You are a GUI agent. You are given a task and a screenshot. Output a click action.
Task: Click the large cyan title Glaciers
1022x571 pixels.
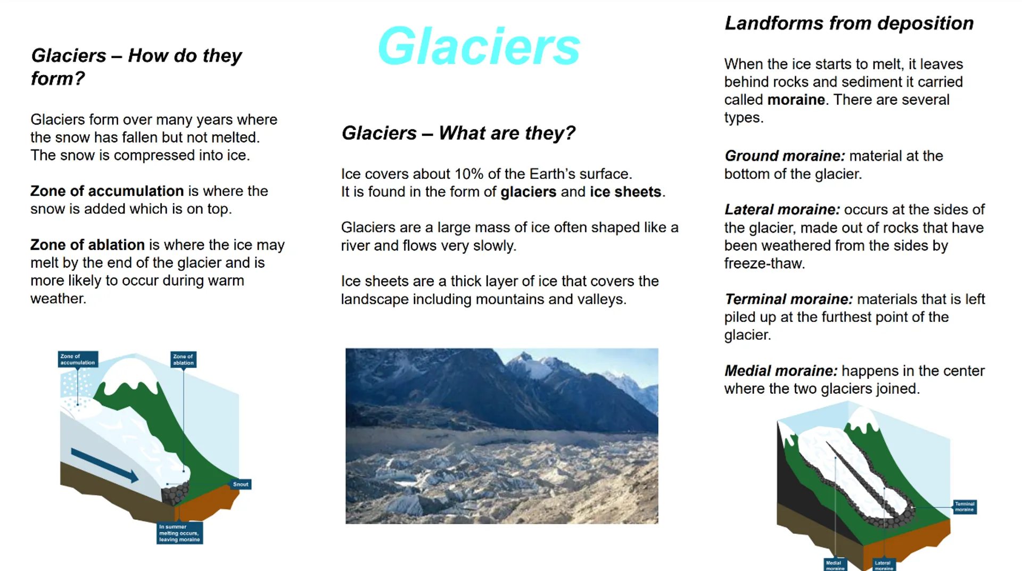click(x=479, y=46)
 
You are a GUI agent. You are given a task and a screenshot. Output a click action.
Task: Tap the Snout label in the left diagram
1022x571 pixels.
click(x=241, y=484)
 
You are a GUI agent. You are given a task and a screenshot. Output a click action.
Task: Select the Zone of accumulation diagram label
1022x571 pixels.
click(x=78, y=359)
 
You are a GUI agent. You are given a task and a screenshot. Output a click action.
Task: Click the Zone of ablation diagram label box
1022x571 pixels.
click(x=184, y=359)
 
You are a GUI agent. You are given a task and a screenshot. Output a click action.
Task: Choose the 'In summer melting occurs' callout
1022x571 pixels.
click(x=179, y=533)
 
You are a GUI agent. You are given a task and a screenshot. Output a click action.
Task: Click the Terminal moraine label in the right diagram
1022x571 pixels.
click(x=965, y=507)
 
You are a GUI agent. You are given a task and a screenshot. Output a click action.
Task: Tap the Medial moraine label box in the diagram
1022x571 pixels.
click(x=835, y=565)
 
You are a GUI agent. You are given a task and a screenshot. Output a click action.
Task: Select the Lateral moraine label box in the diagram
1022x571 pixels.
click(x=884, y=565)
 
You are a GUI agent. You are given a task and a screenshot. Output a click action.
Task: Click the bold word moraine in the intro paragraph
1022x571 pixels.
click(x=796, y=100)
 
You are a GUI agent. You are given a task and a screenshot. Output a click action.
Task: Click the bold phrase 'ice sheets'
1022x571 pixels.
click(x=625, y=192)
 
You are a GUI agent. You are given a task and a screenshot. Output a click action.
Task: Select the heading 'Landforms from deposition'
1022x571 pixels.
click(x=849, y=23)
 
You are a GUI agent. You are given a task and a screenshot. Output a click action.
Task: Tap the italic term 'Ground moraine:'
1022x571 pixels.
click(x=785, y=156)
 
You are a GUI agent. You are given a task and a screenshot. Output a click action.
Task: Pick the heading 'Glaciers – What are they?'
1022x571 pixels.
click(x=458, y=133)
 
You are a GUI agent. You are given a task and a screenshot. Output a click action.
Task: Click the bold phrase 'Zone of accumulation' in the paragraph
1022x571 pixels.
click(x=107, y=191)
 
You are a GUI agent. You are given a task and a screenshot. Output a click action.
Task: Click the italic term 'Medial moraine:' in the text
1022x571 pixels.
click(x=781, y=371)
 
